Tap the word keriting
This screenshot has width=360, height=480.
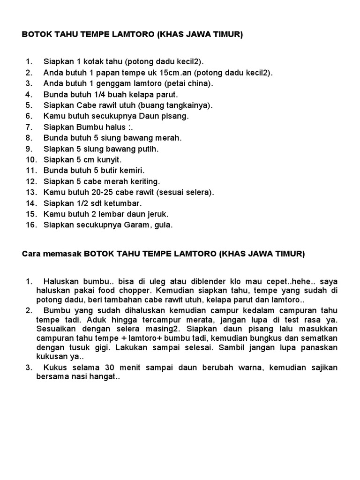pos(143,181)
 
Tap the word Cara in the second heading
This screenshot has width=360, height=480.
pos(30,254)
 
